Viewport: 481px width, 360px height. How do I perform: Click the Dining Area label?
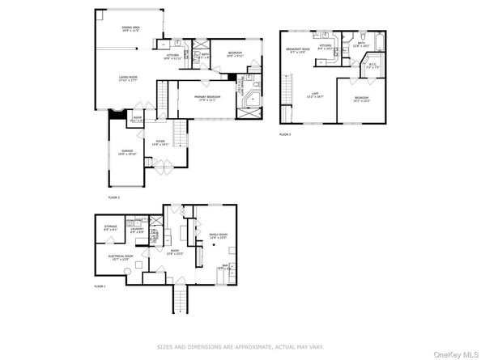tap(131, 30)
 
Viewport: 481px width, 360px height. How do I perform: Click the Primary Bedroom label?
tap(209, 98)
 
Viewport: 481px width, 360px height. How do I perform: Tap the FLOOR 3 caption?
tap(284, 134)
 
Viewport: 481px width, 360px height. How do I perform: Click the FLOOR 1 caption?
tap(100, 286)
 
